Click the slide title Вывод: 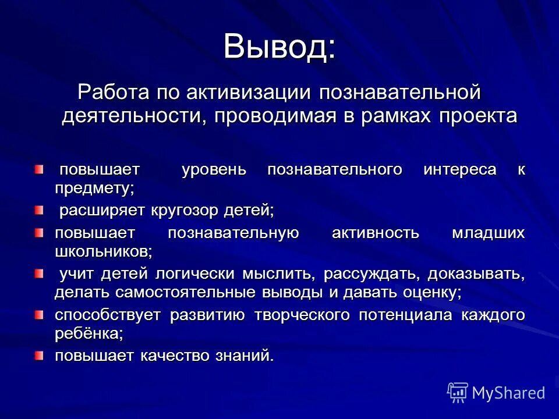(279, 46)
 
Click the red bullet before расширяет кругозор (38, 209)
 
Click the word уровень (214, 170)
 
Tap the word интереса (460, 170)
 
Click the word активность (375, 233)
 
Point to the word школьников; (104, 251)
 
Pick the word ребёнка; (89, 333)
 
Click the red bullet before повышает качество (38, 355)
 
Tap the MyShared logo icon (458, 392)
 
